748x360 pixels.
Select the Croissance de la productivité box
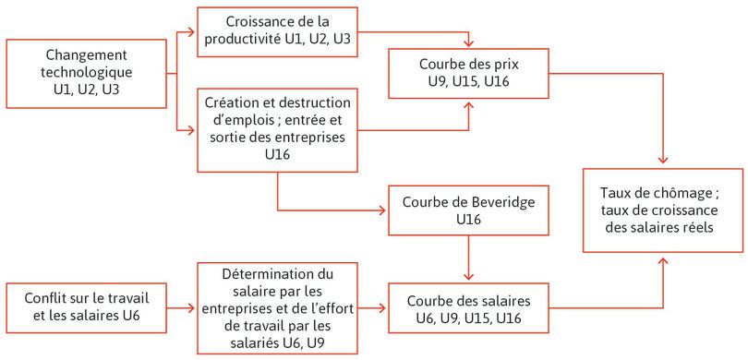tap(277, 30)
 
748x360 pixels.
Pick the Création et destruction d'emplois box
tap(277, 128)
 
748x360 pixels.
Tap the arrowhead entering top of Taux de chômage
tap(662, 164)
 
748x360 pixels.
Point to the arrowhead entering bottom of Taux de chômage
tap(662, 258)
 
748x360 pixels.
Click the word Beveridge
tap(500, 202)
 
